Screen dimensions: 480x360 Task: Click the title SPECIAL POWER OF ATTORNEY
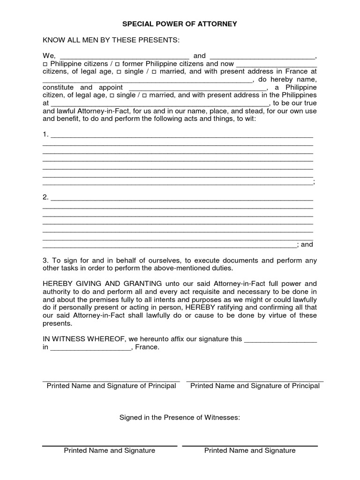(x=180, y=23)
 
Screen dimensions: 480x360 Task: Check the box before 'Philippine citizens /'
(x=45, y=64)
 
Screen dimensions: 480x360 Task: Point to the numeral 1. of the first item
(x=45, y=135)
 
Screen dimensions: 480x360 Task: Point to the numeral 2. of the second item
(x=45, y=197)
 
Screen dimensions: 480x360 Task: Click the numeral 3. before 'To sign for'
(x=45, y=260)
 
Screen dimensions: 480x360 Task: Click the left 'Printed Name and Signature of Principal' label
(x=112, y=386)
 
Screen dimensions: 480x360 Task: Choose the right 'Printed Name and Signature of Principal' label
(x=255, y=386)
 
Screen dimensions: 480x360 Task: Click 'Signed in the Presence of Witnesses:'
(x=180, y=417)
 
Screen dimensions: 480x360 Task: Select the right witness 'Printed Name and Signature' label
(x=250, y=450)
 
